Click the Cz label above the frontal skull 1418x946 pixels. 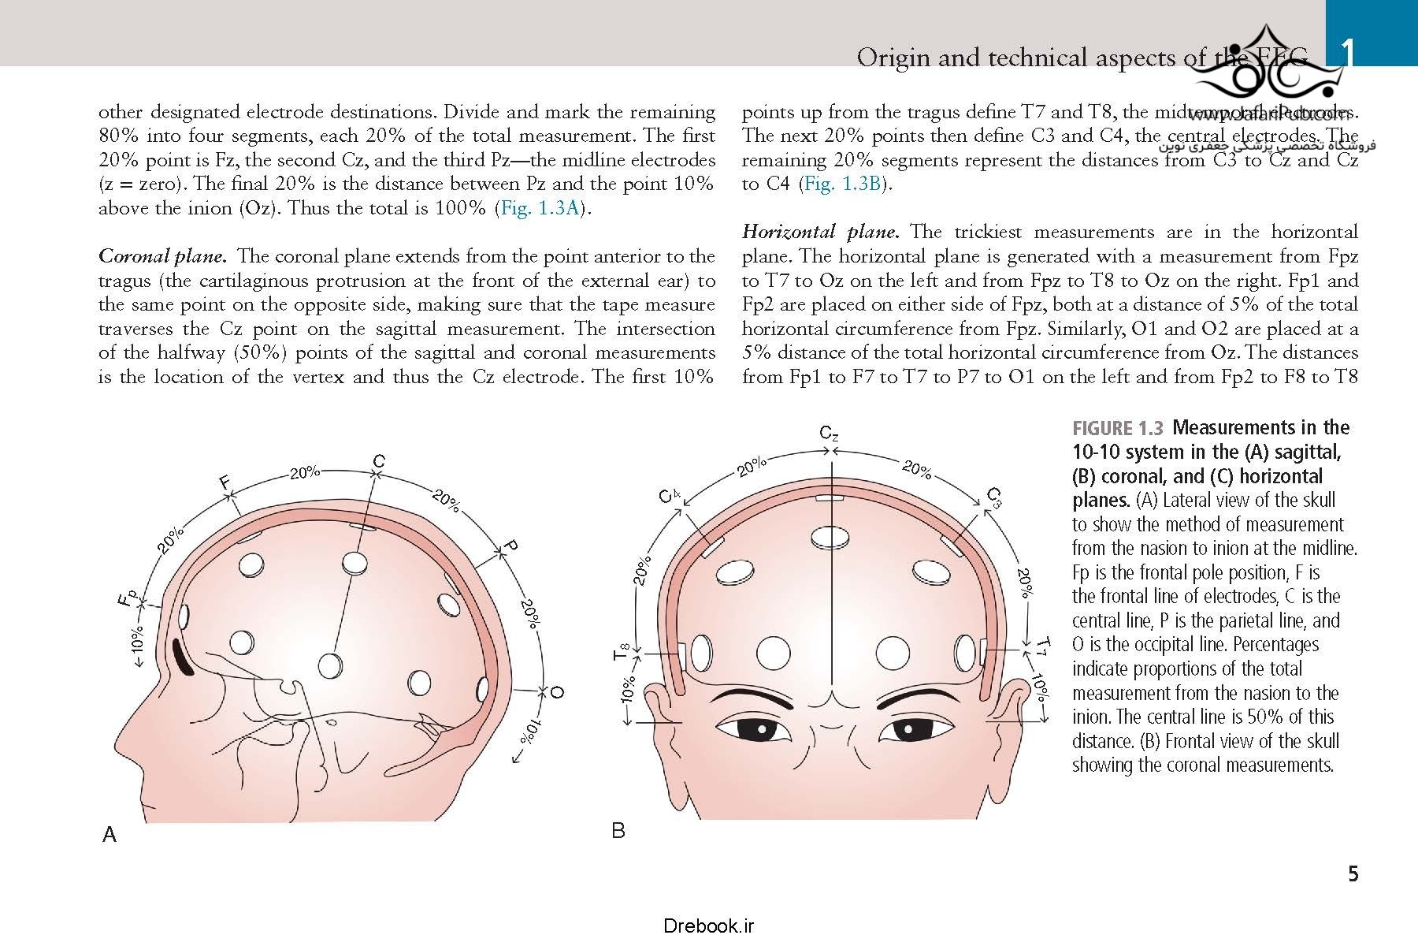point(829,433)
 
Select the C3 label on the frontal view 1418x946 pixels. point(995,497)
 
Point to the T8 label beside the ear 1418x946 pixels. point(621,650)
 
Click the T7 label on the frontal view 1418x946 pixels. point(1042,646)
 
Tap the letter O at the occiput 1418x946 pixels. point(557,692)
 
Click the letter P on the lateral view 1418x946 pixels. point(510,546)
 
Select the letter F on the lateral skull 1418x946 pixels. point(226,482)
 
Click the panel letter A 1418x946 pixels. point(110,834)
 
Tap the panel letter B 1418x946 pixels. point(618,830)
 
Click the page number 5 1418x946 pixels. point(1353,873)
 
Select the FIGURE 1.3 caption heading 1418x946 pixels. point(1117,429)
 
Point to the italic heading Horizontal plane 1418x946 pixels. point(820,232)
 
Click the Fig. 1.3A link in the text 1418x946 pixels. point(540,208)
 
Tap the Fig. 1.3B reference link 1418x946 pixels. point(841,184)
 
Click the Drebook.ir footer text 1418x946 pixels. point(708,926)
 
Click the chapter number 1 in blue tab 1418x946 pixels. point(1348,55)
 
